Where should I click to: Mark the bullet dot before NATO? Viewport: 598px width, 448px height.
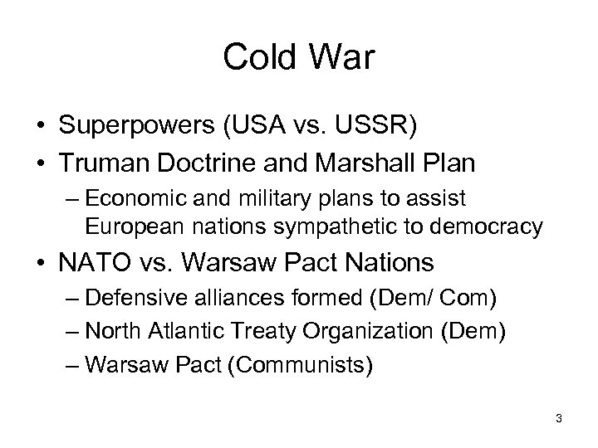39,265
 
